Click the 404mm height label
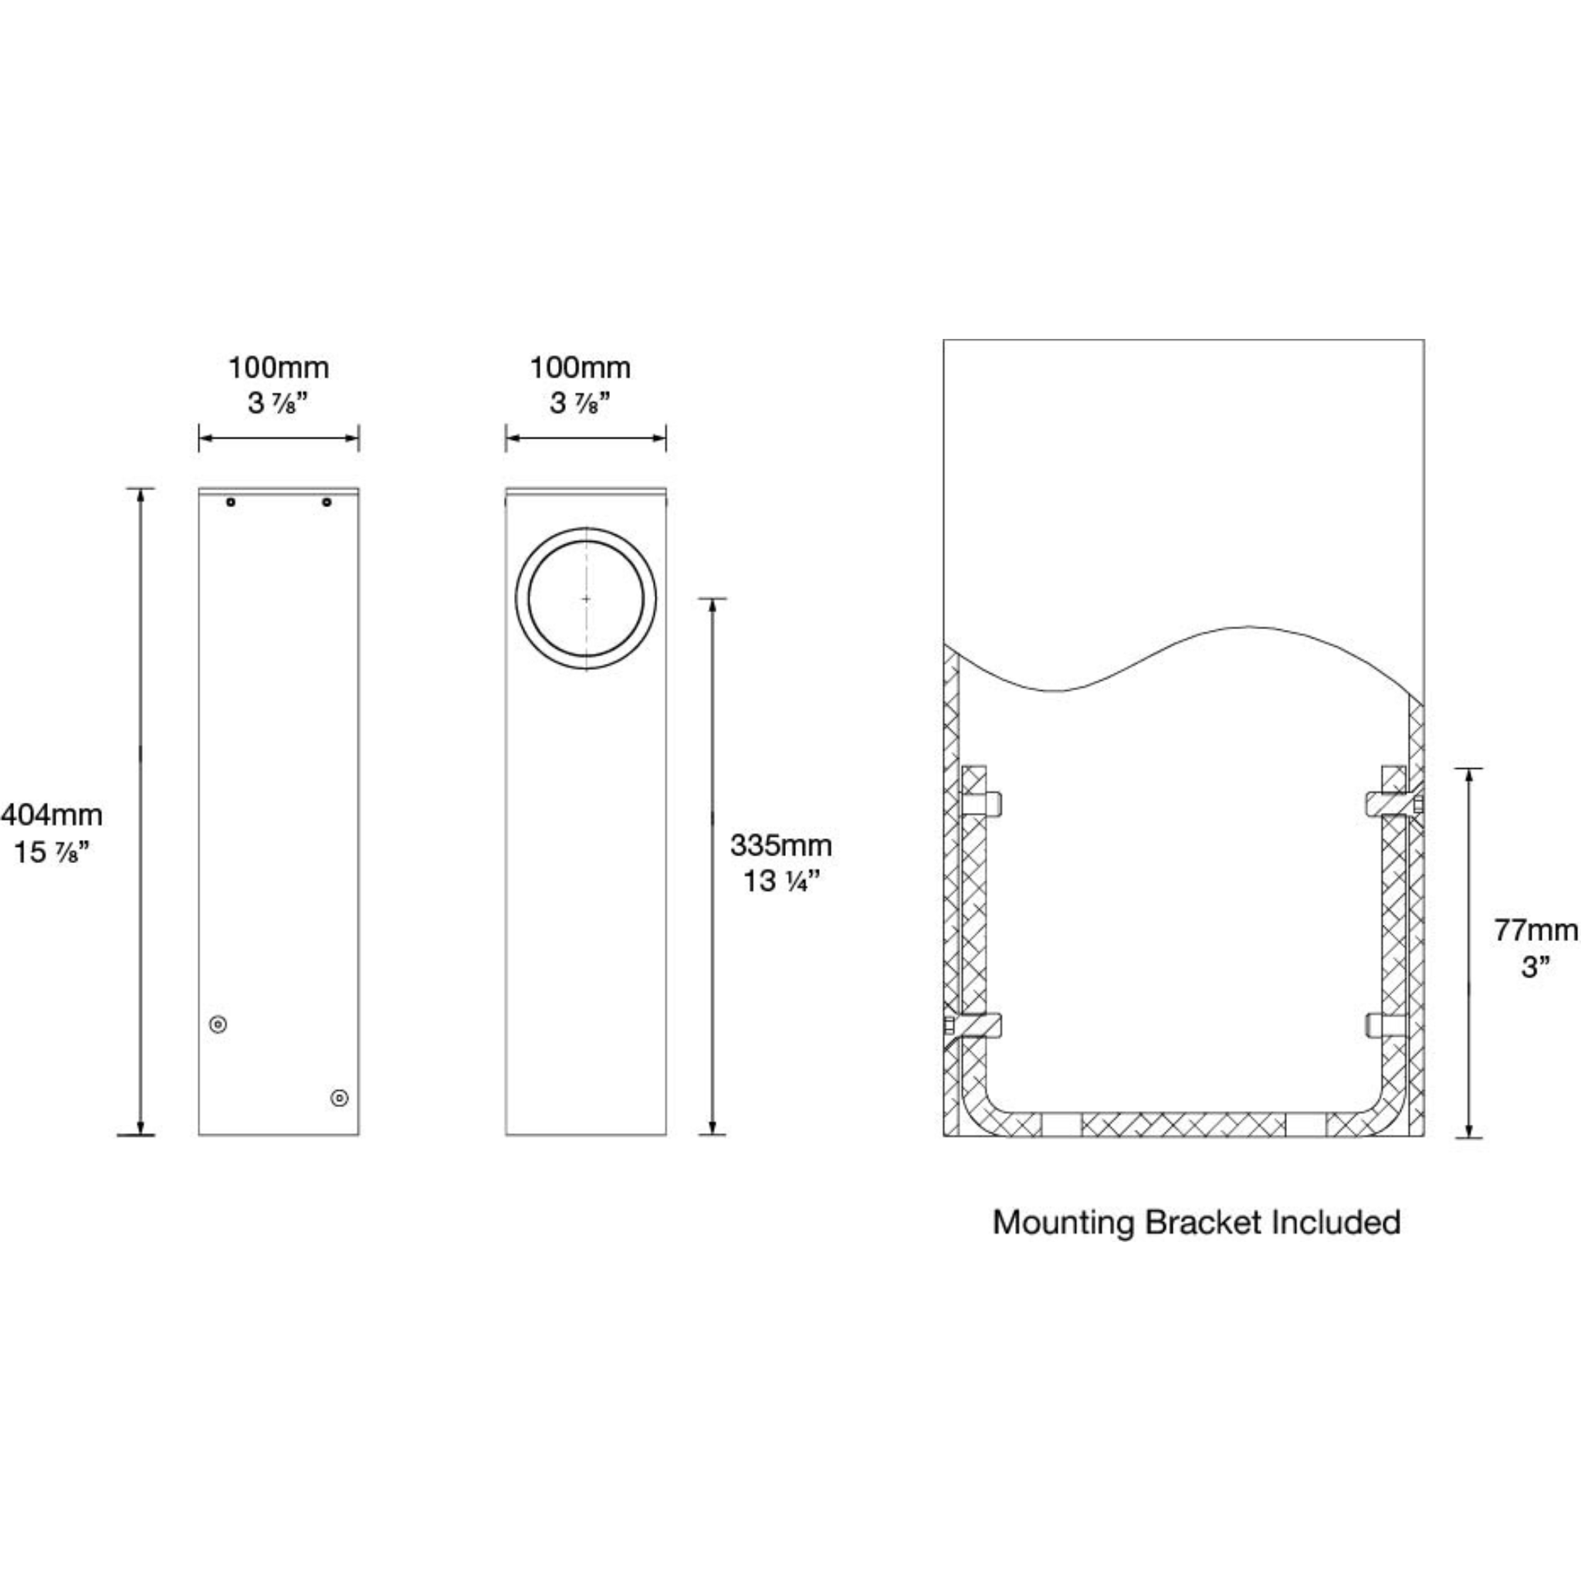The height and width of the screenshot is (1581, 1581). [52, 815]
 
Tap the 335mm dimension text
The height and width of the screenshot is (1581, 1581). [780, 845]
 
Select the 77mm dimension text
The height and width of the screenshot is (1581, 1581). [1535, 930]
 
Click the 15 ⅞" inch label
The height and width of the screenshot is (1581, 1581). [51, 853]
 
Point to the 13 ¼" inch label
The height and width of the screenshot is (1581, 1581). [780, 882]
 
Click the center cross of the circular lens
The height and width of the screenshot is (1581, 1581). [586, 599]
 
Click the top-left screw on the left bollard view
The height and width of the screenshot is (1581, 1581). [231, 502]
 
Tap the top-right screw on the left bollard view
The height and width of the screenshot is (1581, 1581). [327, 502]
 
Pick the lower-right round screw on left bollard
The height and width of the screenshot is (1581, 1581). [339, 1098]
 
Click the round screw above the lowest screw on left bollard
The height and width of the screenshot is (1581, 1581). [218, 1024]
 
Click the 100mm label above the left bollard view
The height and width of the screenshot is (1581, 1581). [278, 368]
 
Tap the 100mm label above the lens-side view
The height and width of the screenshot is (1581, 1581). [581, 368]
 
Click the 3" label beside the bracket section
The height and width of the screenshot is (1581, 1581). [1535, 967]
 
